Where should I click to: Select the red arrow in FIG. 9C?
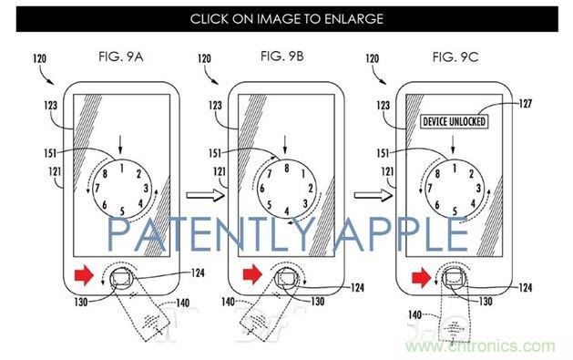[416, 271]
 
